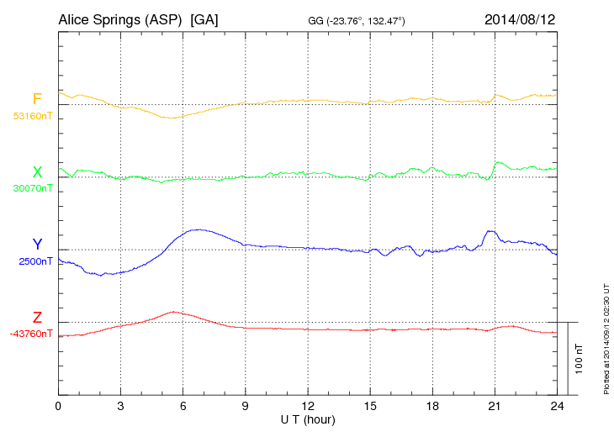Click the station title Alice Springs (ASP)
(120, 18)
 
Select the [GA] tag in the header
(204, 18)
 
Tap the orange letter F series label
(37, 100)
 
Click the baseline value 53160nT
(33, 116)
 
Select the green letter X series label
(37, 172)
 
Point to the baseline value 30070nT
(33, 188)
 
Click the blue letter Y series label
(37, 245)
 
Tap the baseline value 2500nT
(36, 261)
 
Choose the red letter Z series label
(37, 317)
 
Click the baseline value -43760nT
(31, 333)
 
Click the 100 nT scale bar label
(579, 358)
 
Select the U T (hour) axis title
(308, 419)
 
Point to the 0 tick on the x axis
(58, 407)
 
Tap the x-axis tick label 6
(183, 407)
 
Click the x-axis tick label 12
(308, 407)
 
